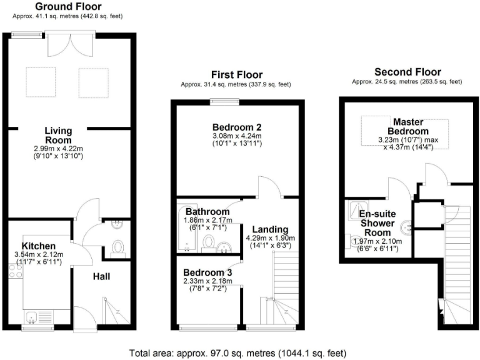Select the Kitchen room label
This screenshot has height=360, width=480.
point(39,246)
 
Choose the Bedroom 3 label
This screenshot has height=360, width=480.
point(207,272)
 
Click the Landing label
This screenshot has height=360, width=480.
point(271,229)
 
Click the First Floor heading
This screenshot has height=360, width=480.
point(236,74)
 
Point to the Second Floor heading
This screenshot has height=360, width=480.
point(407,72)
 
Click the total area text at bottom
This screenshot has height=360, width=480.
point(239,352)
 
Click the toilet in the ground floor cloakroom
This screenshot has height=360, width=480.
point(116,248)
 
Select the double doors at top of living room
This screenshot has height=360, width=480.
point(66,43)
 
